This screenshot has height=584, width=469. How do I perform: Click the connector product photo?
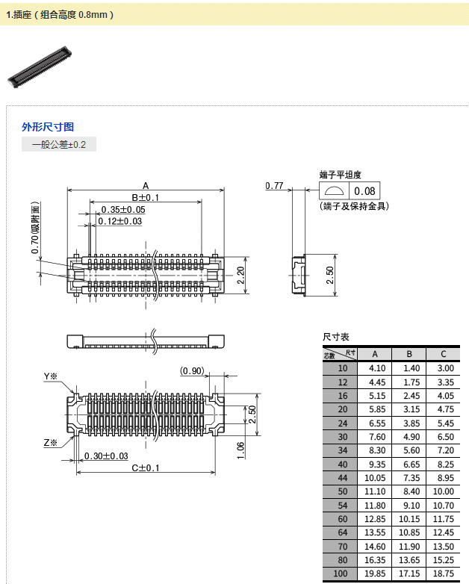coord(40,67)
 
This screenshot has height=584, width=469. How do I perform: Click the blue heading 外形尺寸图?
coord(48,127)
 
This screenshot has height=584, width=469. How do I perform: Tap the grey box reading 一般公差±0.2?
coord(59,144)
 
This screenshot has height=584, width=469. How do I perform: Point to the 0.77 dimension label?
coord(274,185)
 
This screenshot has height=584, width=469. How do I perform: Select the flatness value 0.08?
coord(364,191)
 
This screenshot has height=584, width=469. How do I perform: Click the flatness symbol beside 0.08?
coord(334,191)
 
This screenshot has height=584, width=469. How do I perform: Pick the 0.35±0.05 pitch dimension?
coord(123,210)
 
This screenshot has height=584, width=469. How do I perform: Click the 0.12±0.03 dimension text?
coord(120,221)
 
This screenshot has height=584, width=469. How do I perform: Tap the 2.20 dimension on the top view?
coord(240,276)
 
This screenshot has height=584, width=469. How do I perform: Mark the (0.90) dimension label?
coord(192,371)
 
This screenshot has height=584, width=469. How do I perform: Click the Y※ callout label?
coord(51,376)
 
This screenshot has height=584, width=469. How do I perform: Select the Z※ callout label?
coord(51,443)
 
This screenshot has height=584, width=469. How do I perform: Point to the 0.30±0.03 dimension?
coord(106,456)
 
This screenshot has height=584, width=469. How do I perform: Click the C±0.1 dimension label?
coord(146,467)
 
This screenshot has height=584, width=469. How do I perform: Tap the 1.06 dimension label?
coord(240,450)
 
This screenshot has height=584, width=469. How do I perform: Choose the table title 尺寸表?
coord(335,337)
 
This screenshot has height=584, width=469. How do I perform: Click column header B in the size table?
coord(409,354)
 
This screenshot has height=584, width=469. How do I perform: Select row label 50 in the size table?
coord(343,491)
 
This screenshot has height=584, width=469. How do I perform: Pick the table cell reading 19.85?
coord(375,574)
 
